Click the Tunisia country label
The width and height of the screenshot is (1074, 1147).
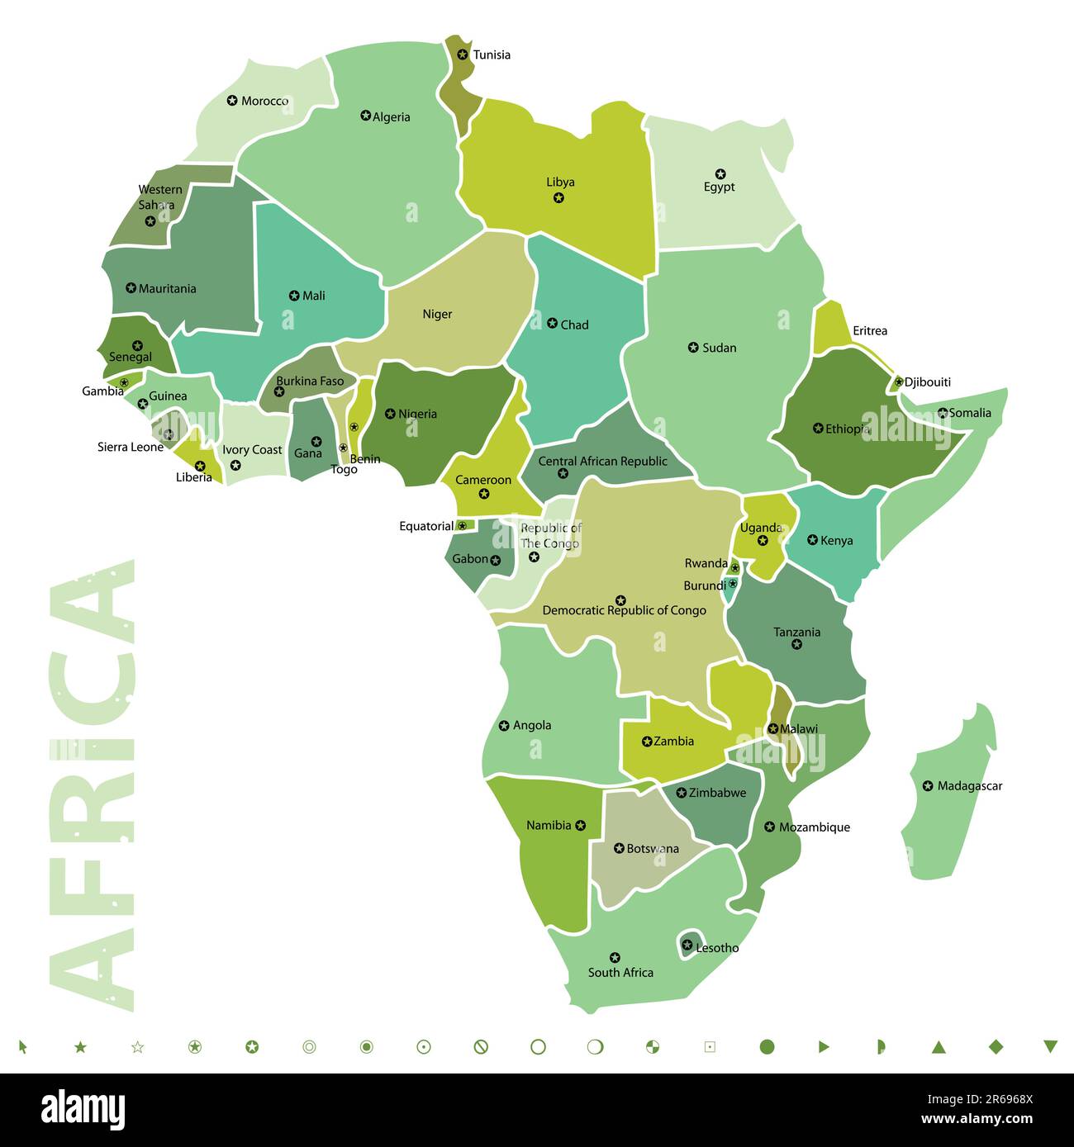tap(492, 55)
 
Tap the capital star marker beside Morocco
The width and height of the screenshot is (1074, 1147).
tap(232, 101)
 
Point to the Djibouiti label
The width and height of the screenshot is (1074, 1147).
tap(927, 382)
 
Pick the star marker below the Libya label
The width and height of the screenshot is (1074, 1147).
tap(558, 198)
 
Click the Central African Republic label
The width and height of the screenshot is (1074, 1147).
tap(602, 461)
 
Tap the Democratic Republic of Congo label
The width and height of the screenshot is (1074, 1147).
tap(624, 610)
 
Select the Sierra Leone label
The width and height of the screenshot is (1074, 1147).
tap(130, 448)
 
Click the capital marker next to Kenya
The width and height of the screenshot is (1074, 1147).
tap(812, 540)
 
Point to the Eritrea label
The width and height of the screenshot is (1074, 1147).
tap(869, 331)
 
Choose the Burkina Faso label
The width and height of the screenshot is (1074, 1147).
tap(310, 382)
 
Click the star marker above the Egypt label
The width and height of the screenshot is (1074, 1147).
tap(720, 173)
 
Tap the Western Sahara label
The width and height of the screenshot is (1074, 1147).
tap(159, 197)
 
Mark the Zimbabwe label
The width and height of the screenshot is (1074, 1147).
tap(717, 793)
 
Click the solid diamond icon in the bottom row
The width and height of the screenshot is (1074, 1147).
tap(996, 1046)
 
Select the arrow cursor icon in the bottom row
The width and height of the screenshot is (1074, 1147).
tap(23, 1047)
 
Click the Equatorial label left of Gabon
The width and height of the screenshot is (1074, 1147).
tap(426, 526)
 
